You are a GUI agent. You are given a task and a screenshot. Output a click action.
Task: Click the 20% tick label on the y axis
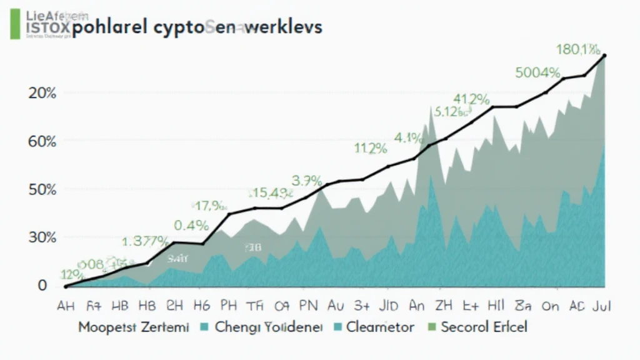coord(42,94)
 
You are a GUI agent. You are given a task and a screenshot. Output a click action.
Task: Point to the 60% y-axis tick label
coord(42,141)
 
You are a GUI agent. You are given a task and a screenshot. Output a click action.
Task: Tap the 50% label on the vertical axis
coord(42,189)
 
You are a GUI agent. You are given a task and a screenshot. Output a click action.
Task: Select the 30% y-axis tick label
coord(42,237)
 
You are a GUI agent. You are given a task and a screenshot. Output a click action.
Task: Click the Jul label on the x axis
coord(601,306)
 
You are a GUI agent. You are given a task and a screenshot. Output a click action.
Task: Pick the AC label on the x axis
coord(577,306)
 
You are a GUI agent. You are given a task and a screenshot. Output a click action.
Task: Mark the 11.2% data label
coord(370,149)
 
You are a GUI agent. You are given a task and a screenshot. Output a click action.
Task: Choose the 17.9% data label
coord(209,204)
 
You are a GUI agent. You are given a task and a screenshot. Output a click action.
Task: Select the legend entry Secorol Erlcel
coord(484,326)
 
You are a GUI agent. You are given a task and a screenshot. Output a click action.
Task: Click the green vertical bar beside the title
coord(14,23)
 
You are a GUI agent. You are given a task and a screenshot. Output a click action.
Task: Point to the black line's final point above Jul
coord(604,56)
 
